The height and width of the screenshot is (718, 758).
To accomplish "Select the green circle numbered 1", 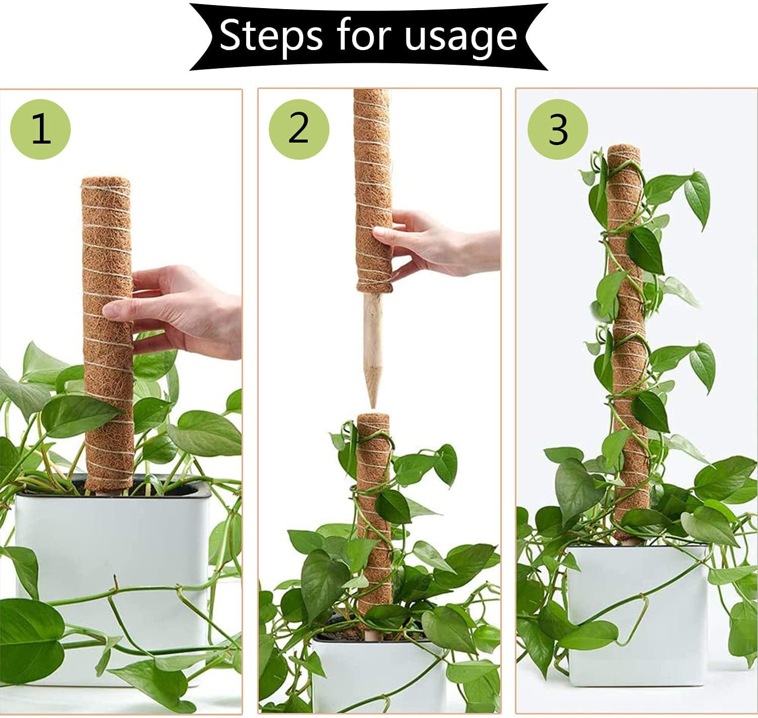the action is pyautogui.click(x=40, y=129).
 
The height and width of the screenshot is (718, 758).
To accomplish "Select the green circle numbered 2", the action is pyautogui.click(x=299, y=129).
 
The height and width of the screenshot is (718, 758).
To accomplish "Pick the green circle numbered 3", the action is pyautogui.click(x=558, y=129).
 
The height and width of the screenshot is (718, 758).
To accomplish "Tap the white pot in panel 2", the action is pyautogui.click(x=380, y=673).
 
